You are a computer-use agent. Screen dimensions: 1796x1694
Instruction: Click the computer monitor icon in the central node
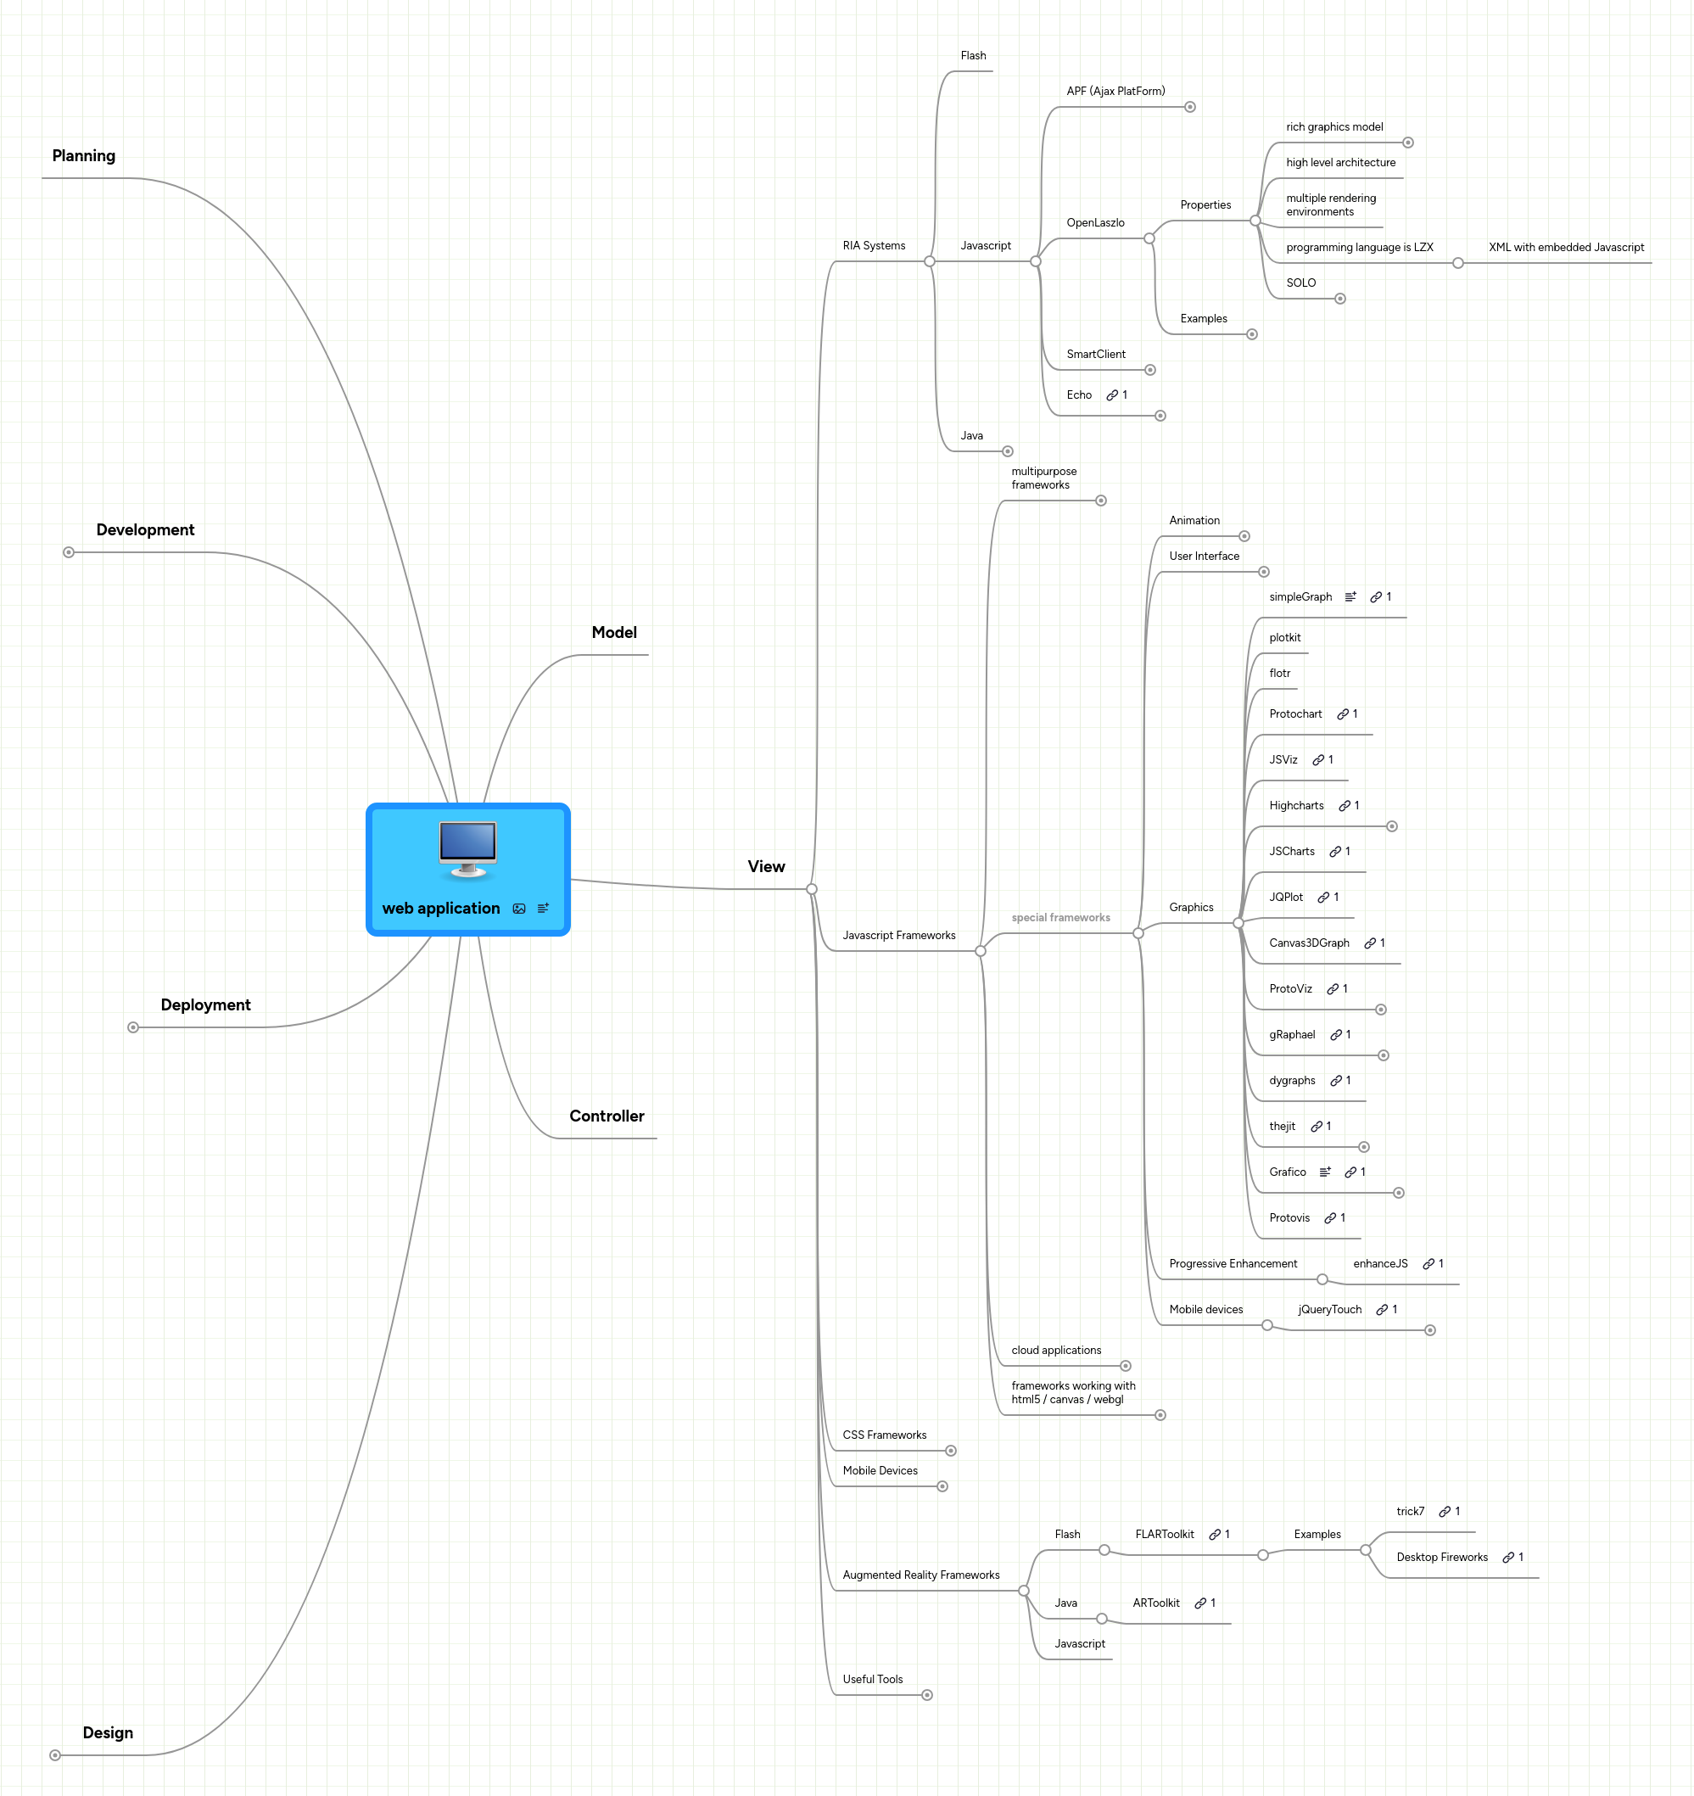467,848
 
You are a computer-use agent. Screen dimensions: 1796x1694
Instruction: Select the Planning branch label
84,155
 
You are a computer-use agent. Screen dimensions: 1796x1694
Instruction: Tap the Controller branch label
607,1116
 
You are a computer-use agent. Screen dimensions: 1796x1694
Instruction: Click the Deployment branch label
205,1004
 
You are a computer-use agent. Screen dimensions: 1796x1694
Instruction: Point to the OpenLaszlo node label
1095,222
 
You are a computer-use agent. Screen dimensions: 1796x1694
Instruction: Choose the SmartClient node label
1095,354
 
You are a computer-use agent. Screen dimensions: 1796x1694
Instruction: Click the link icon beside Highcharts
1344,806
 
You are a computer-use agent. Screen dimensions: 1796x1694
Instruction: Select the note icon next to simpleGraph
1350,597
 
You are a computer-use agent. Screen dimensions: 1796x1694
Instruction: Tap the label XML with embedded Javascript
1566,247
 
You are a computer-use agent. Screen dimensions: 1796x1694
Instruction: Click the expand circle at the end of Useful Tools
927,1695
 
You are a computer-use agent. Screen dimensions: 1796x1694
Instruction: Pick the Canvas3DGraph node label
1308,943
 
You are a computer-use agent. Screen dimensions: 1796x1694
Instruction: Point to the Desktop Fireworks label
1441,1557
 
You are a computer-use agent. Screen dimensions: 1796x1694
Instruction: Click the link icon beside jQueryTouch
1381,1310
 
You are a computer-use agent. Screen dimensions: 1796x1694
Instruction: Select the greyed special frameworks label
1059,918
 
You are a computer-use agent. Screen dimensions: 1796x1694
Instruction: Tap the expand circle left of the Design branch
55,1755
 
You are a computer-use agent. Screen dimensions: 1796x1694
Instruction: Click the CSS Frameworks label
884,1435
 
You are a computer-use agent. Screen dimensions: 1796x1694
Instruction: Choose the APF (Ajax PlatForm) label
1115,92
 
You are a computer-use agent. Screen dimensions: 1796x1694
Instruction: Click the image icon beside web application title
518,909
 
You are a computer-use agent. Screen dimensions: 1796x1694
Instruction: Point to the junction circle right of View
811,889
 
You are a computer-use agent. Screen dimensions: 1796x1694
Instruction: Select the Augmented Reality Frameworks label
920,1575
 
